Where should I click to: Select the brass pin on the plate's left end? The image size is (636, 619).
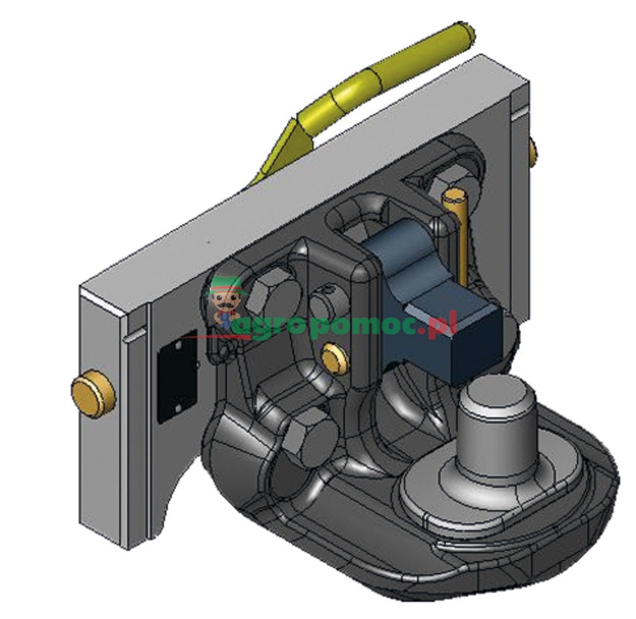(x=92, y=393)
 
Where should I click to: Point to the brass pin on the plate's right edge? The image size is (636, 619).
(x=533, y=152)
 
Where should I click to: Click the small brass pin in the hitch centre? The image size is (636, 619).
(x=335, y=358)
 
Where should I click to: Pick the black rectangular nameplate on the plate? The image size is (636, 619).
(x=177, y=377)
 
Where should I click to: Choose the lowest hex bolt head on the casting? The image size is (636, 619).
(x=309, y=435)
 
